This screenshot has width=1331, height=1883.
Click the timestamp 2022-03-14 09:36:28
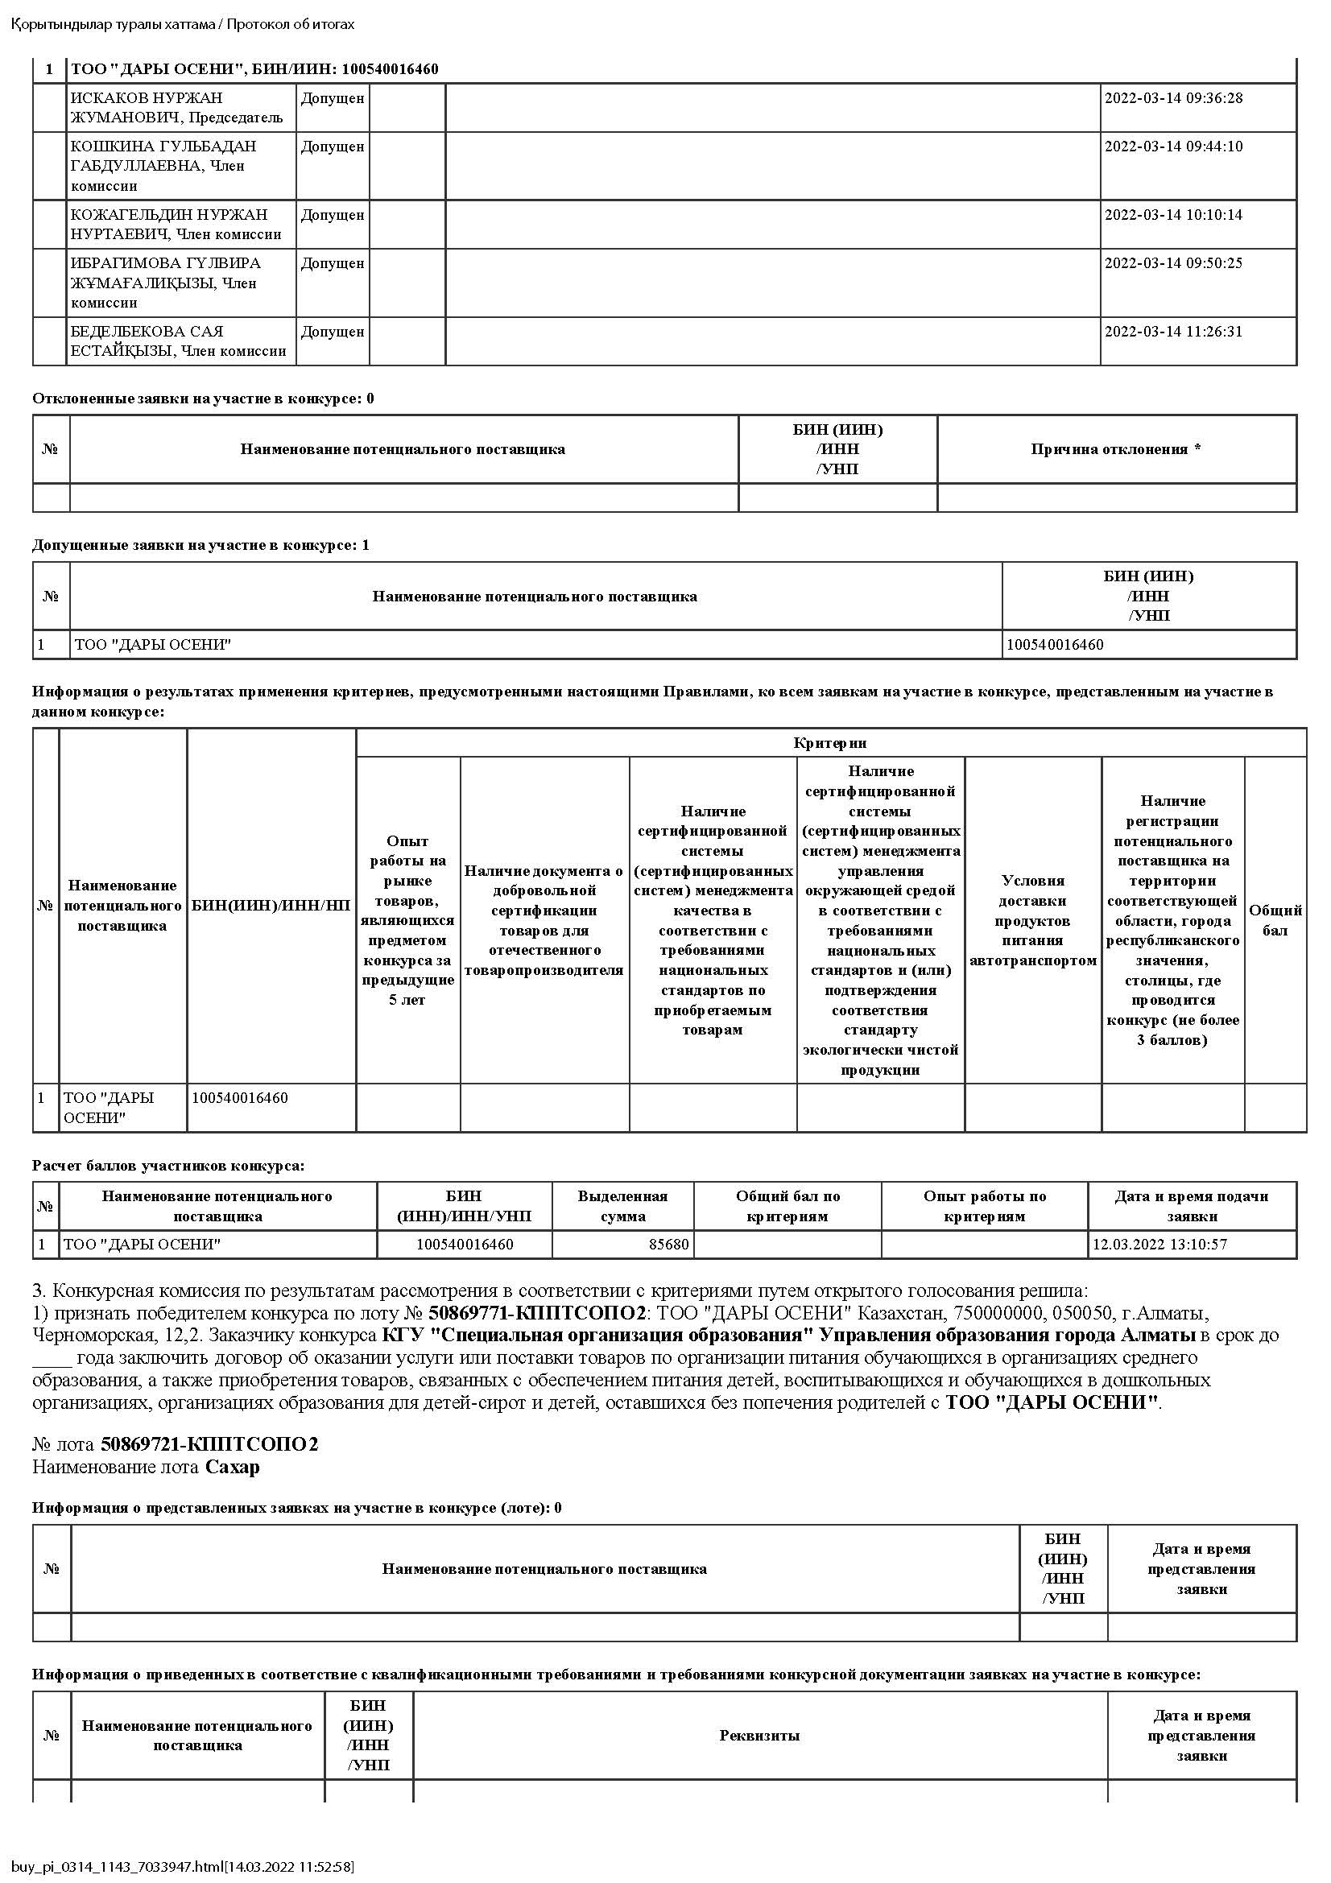[x=1172, y=98]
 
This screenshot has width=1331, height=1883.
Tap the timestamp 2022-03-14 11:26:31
[x=1172, y=332]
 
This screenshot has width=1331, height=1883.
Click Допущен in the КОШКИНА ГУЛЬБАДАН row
[x=332, y=147]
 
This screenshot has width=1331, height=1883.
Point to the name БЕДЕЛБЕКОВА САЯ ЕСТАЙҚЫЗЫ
[x=177, y=341]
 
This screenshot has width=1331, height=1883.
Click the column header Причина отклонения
[x=1115, y=449]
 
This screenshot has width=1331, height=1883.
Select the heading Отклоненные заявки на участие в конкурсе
[x=203, y=398]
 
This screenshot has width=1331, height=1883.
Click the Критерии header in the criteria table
[x=830, y=743]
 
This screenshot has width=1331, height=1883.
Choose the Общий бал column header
[x=1275, y=920]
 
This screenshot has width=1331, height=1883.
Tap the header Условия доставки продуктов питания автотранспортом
[x=1032, y=920]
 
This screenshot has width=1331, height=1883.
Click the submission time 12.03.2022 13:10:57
[x=1159, y=1244]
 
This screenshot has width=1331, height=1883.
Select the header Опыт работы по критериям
[x=984, y=1206]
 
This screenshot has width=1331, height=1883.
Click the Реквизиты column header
[x=759, y=1736]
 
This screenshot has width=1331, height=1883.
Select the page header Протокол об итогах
[x=291, y=24]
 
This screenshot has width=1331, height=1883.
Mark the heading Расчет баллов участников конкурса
[x=167, y=1166]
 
